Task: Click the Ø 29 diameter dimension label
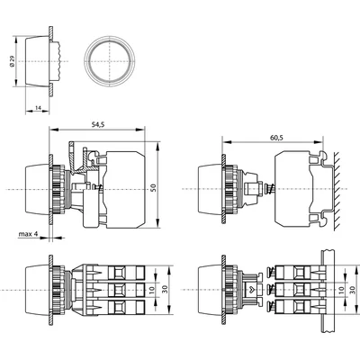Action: coord(12,61)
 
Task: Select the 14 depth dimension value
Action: coord(38,107)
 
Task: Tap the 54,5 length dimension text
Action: coord(98,126)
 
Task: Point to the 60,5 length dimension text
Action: coord(276,138)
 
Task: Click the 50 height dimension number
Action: coord(153,188)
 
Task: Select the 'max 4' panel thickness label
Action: coord(28,234)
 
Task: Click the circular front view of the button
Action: coord(110,61)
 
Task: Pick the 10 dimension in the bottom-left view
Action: coord(152,290)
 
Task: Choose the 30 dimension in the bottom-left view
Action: coord(166,290)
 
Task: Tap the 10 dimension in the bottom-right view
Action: coord(341,290)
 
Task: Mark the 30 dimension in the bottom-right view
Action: coord(353,290)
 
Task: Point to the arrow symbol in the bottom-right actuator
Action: coord(252,290)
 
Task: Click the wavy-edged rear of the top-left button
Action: coord(57,61)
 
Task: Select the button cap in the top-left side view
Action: coord(37,62)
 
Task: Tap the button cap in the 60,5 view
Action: coord(210,189)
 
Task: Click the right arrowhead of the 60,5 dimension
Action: coord(319,142)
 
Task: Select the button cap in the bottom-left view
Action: coord(37,290)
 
